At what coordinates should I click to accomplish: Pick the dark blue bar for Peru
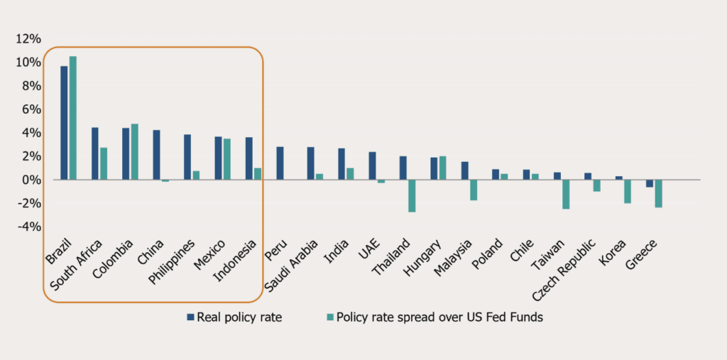(x=280, y=163)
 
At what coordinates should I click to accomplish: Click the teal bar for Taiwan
(x=567, y=194)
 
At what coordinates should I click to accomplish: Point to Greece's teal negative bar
(x=659, y=193)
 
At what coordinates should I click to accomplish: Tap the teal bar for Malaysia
(x=474, y=190)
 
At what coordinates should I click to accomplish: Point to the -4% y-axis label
(x=30, y=227)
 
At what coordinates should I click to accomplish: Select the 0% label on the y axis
(x=32, y=180)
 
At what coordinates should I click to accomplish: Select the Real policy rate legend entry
(x=235, y=317)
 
